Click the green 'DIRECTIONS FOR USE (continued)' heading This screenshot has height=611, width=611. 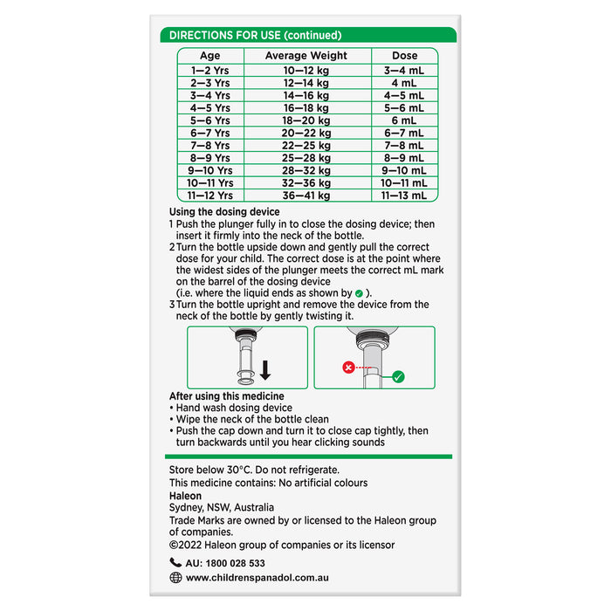coord(255,36)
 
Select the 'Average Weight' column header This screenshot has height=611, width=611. coord(305,56)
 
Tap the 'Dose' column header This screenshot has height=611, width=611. coord(404,56)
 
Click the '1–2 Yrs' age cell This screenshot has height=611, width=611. coord(209,70)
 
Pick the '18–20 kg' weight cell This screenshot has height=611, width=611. coord(305,120)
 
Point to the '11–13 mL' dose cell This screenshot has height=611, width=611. coord(404,196)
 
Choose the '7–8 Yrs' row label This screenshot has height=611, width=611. coord(209,146)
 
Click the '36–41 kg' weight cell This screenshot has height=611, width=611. coord(305,196)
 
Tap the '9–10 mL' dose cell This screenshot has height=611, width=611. coord(404,171)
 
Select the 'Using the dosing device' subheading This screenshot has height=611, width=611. coord(224,212)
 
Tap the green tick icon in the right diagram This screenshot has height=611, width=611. coord(398,377)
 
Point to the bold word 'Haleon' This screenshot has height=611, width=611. coord(185,496)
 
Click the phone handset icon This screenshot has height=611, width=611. coord(175,563)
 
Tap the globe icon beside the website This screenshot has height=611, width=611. coord(175,578)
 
